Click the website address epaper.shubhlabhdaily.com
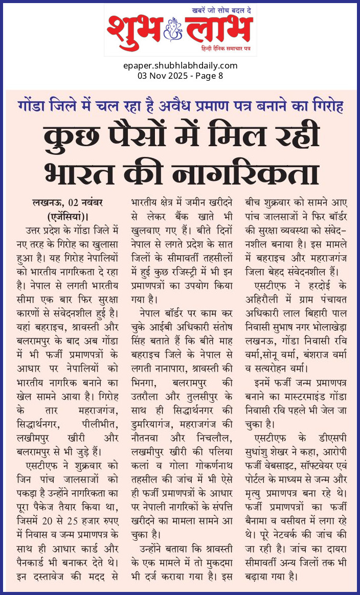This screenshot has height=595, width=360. [180, 65]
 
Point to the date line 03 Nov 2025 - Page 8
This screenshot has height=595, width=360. [180, 76]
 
